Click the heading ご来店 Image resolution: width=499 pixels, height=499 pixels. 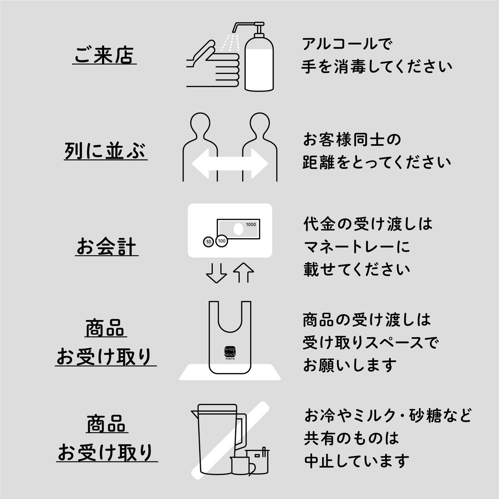[x=104, y=55]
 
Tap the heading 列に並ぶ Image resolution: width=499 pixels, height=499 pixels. [x=106, y=151]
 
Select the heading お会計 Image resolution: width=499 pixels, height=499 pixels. [x=106, y=247]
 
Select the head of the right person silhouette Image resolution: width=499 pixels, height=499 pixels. [x=260, y=125]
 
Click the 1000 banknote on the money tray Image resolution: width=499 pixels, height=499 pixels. [x=239, y=230]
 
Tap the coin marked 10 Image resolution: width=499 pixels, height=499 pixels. [x=208, y=242]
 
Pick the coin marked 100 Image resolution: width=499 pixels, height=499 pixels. [x=221, y=241]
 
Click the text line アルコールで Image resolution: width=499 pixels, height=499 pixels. [x=347, y=44]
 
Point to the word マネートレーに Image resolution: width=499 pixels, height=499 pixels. [x=357, y=247]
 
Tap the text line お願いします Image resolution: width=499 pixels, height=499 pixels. [x=350, y=365]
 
